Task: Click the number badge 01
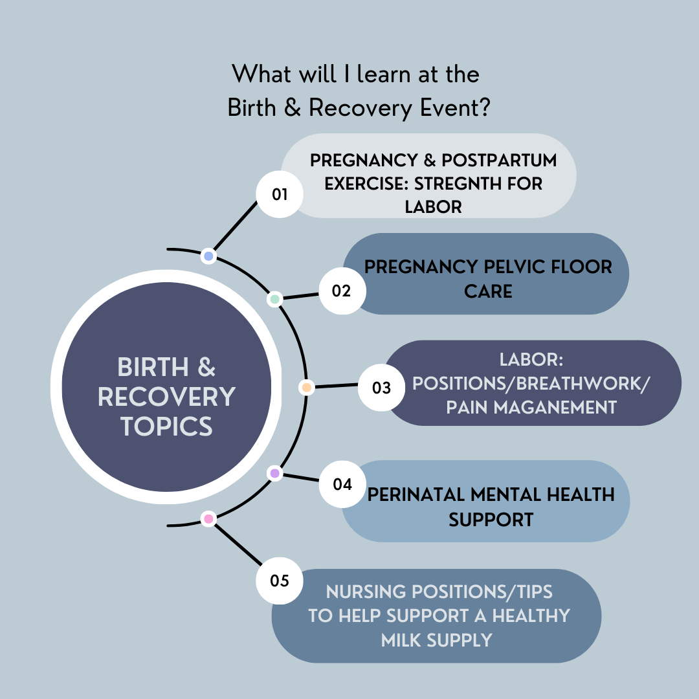[x=280, y=194]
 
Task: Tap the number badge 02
[x=342, y=291]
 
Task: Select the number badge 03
[x=382, y=388]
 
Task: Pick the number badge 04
[x=342, y=484]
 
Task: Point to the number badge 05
[x=280, y=581]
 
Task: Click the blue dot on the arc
[x=208, y=256]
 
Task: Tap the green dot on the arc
[x=275, y=299]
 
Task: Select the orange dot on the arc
[x=306, y=388]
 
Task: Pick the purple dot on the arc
[x=275, y=473]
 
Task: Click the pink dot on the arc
[x=208, y=519]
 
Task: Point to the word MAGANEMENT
[x=555, y=408]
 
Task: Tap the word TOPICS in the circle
[x=167, y=426]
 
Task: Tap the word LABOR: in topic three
[x=531, y=360]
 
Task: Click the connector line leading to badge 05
[x=238, y=545]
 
